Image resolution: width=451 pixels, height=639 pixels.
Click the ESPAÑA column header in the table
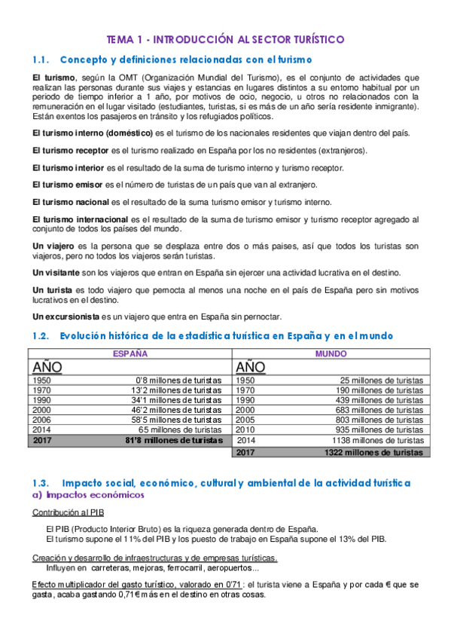130,353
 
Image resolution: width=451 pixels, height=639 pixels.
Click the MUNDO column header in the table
331,353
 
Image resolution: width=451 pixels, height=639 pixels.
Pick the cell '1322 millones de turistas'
373,453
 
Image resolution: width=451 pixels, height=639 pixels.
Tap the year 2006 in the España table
44,420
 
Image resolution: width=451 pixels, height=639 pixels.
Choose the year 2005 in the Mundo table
246,420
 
